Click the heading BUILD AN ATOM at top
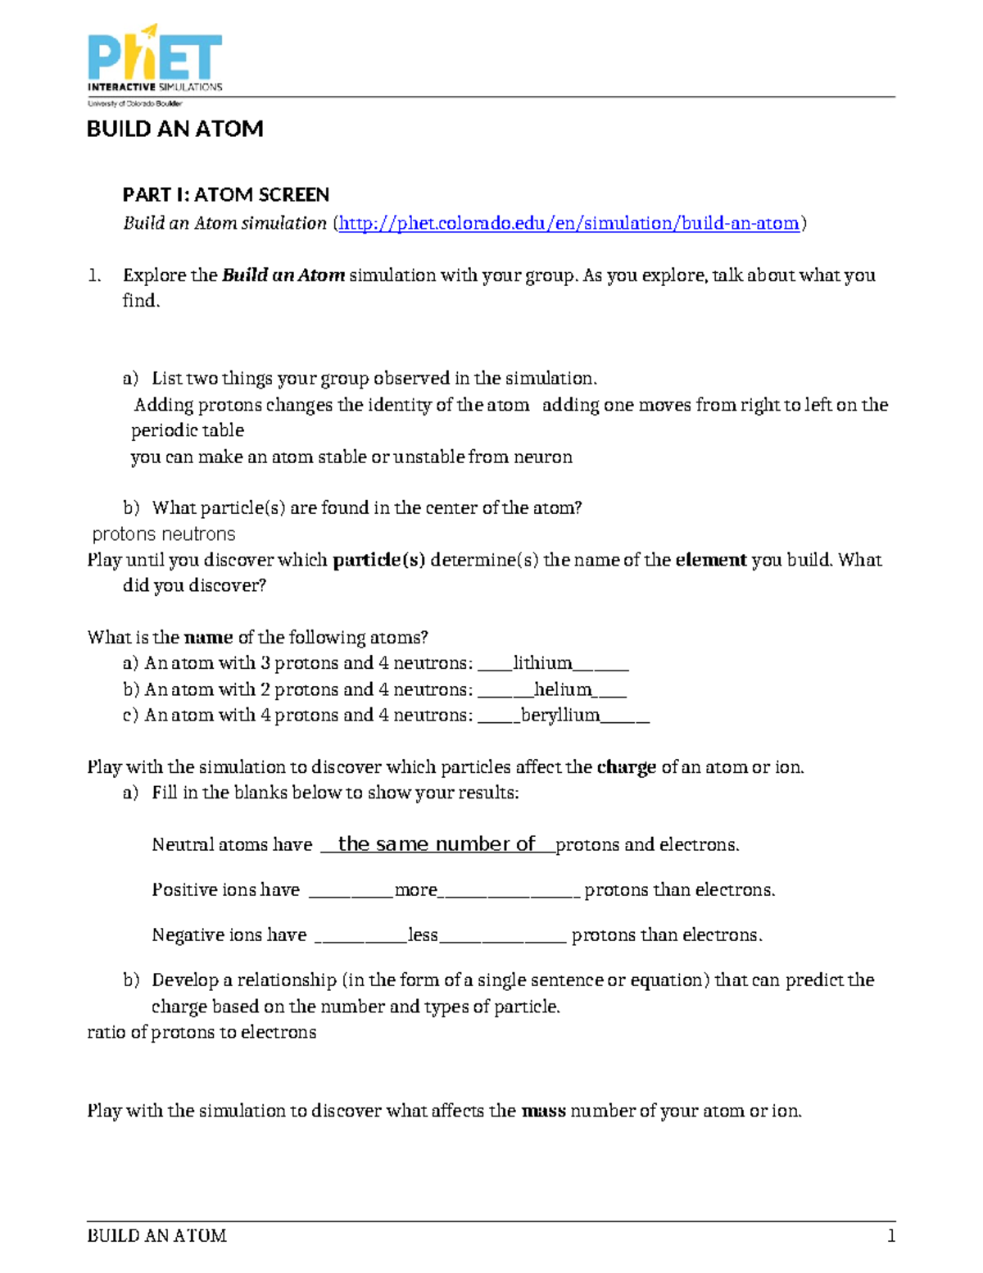174,129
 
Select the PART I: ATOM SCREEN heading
225,194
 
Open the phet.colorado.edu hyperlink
569,223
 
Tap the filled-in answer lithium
542,663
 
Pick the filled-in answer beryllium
560,715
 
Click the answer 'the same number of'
436,844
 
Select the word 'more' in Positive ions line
415,890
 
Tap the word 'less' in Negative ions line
423,935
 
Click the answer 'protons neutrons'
164,534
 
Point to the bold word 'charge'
626,767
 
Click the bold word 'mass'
543,1111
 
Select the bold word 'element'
710,560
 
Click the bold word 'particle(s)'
378,560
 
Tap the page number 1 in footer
890,1235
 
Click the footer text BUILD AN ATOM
156,1235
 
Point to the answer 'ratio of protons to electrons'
202,1032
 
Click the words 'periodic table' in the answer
188,430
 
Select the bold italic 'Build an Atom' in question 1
283,275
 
